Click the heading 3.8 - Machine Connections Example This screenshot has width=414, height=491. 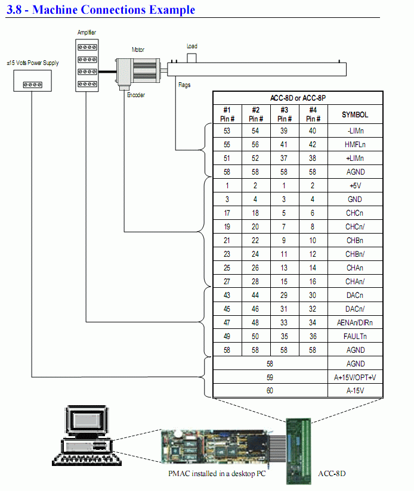(101, 10)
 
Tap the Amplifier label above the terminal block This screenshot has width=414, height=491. (86, 32)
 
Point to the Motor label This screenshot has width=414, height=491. (138, 50)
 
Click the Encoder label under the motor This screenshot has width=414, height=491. (135, 95)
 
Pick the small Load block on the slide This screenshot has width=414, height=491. (192, 57)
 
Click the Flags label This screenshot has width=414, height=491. (184, 85)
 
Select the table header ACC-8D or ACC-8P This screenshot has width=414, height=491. (298, 98)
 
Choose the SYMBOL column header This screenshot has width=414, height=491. (355, 115)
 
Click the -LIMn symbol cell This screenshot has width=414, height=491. (355, 131)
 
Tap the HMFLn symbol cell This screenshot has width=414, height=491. (355, 145)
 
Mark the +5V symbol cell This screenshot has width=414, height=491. (355, 186)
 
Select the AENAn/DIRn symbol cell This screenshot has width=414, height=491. (355, 322)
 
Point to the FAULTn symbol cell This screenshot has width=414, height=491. (355, 336)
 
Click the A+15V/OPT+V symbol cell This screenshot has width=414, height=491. (355, 377)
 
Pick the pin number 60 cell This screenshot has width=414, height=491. (270, 391)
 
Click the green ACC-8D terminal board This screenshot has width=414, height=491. (303, 444)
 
